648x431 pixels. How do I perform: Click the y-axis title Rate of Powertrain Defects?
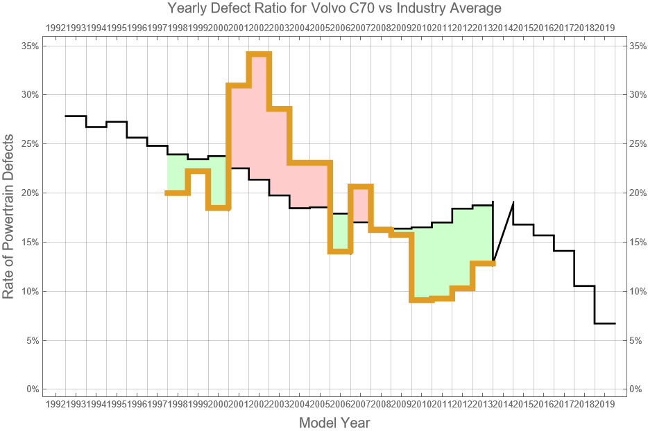click(x=9, y=217)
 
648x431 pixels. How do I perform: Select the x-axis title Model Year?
click(x=334, y=423)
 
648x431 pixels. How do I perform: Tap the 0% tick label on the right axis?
click(x=638, y=389)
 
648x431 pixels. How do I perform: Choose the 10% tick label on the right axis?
click(x=638, y=291)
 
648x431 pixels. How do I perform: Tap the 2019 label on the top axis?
click(x=605, y=28)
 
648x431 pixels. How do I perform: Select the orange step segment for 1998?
click(x=178, y=193)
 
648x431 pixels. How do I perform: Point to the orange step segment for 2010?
click(x=422, y=299)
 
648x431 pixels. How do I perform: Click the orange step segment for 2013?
click(x=483, y=263)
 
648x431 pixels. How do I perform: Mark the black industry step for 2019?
click(x=605, y=324)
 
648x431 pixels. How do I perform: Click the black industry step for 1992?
click(x=76, y=116)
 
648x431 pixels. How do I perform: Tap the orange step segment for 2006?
click(x=340, y=252)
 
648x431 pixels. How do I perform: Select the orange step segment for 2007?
click(x=361, y=186)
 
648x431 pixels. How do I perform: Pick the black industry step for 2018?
click(x=585, y=285)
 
